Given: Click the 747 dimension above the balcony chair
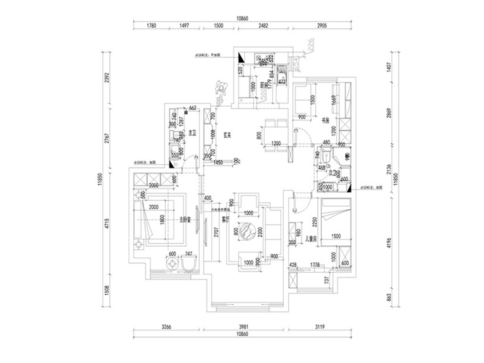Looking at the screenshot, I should point(188,254).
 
